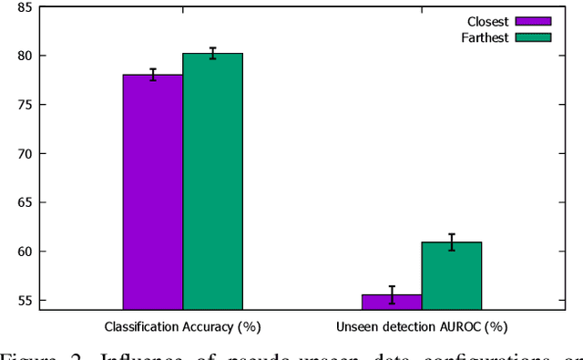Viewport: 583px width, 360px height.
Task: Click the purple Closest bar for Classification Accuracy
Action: pos(153,191)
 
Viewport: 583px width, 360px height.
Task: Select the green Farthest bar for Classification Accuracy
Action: pos(212,181)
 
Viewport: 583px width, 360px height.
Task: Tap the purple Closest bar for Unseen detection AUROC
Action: pos(392,302)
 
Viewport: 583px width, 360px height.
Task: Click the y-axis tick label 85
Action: pos(25,7)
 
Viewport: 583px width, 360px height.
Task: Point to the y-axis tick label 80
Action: pos(25,56)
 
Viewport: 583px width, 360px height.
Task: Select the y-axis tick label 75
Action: pos(25,105)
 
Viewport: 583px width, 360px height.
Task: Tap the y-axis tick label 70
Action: pos(25,154)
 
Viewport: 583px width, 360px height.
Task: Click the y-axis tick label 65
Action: pos(25,202)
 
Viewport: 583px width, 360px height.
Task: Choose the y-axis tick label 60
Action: pos(25,252)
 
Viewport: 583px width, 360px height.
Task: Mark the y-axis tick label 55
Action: pos(25,301)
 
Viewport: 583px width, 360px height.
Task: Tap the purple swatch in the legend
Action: pos(533,21)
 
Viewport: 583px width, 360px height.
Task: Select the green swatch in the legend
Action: pos(533,37)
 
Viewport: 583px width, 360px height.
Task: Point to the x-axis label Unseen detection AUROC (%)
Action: pos(422,325)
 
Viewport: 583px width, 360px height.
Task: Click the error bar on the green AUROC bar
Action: pos(451,242)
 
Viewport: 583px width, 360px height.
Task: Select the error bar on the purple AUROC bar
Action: pos(392,293)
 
